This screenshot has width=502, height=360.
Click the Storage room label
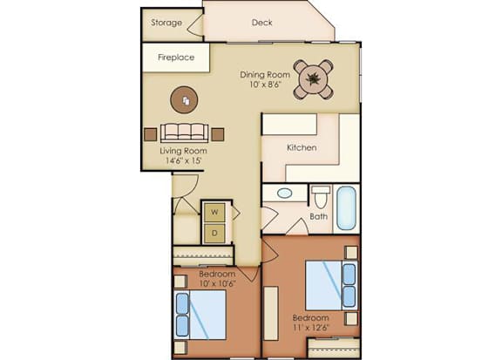(x=166, y=23)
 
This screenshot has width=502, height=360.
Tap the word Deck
(x=261, y=23)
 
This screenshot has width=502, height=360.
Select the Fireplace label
(x=176, y=58)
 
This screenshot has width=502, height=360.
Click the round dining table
(x=313, y=78)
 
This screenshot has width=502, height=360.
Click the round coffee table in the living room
(x=184, y=100)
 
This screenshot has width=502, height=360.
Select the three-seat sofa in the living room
(x=185, y=132)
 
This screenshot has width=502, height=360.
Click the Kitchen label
(x=302, y=147)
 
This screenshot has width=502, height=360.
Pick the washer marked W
(x=214, y=212)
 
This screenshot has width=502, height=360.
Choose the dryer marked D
(x=214, y=233)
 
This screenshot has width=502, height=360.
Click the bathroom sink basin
(x=285, y=194)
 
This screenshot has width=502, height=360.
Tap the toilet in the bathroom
(x=321, y=197)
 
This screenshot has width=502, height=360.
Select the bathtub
(x=346, y=208)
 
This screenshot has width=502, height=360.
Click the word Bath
(x=319, y=217)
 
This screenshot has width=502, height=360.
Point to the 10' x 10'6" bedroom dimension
(x=217, y=283)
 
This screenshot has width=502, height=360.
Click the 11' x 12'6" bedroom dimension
(x=311, y=328)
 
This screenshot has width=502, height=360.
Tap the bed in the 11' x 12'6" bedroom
(x=331, y=286)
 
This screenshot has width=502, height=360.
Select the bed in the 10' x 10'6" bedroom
(x=200, y=316)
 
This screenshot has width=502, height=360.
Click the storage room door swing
(x=195, y=24)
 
